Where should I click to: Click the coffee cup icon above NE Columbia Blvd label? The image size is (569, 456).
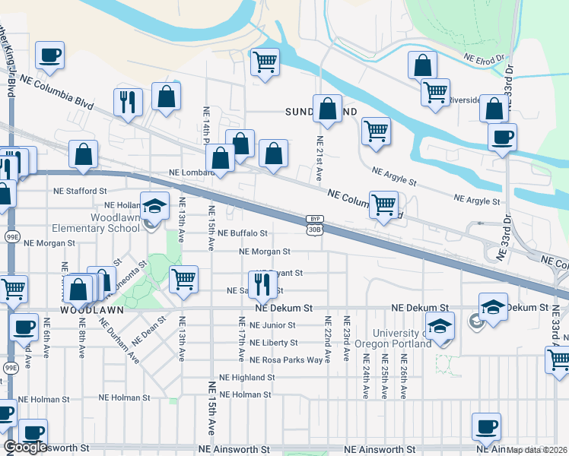click(x=49, y=55)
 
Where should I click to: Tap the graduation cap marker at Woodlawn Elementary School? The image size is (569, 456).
click(x=155, y=206)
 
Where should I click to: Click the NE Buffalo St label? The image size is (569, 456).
click(x=243, y=233)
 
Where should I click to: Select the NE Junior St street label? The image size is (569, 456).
click(x=272, y=325)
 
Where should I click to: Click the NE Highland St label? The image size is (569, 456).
click(x=246, y=377)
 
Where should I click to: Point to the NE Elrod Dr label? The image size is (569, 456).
click(x=484, y=58)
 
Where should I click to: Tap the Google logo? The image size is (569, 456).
click(x=25, y=447)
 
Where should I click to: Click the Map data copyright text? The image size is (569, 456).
click(x=536, y=450)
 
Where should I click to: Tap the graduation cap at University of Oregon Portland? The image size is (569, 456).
click(x=440, y=326)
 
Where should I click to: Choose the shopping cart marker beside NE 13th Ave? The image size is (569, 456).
click(x=183, y=279)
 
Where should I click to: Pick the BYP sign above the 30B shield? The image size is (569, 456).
click(x=315, y=218)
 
